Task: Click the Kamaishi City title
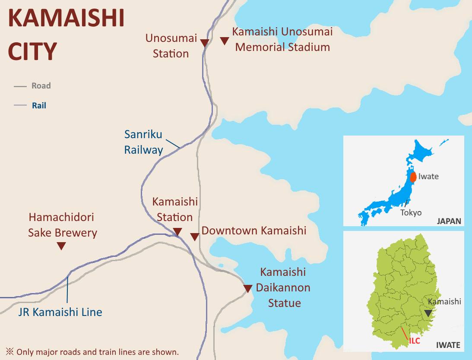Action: tap(66, 35)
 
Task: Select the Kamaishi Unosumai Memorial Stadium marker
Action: tap(224, 41)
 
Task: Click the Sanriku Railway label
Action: tap(143, 142)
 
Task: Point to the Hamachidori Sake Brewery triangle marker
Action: tap(61, 246)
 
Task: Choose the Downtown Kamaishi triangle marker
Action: tap(195, 237)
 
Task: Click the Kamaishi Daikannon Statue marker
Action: tap(247, 288)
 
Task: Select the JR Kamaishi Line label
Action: tap(60, 312)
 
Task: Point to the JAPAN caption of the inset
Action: tap(449, 221)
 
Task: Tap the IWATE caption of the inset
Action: tap(448, 345)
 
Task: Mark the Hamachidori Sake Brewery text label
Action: tap(63, 225)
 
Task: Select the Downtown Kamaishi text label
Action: tap(254, 231)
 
